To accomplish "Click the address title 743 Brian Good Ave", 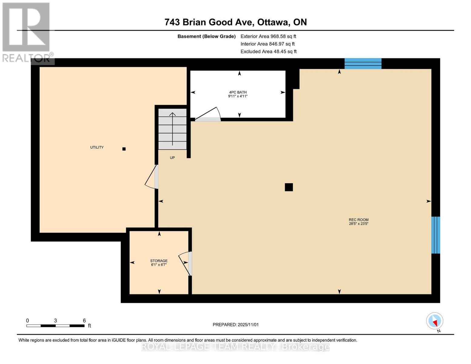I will [x=235, y=22].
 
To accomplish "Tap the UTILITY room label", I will [x=97, y=147].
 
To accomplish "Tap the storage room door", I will [x=186, y=263].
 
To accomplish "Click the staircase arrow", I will [x=173, y=129].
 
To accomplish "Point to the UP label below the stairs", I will [x=172, y=158].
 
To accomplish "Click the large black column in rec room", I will [x=289, y=187].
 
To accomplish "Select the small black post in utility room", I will [x=124, y=149].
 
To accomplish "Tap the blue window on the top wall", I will [x=363, y=64].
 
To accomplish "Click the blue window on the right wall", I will [x=436, y=235].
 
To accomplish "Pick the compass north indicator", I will [x=435, y=321].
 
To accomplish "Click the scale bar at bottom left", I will [x=56, y=325].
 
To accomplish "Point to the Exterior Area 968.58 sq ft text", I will [x=268, y=36].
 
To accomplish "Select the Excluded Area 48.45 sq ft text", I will [x=268, y=52].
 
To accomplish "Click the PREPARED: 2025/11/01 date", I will [x=236, y=325].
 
